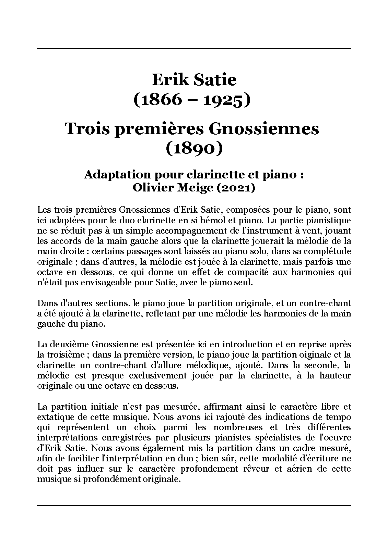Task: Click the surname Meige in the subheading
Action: coord(193,188)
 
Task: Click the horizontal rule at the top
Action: coord(194,49)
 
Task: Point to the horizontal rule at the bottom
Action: coord(194,505)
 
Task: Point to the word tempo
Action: coord(340,417)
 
